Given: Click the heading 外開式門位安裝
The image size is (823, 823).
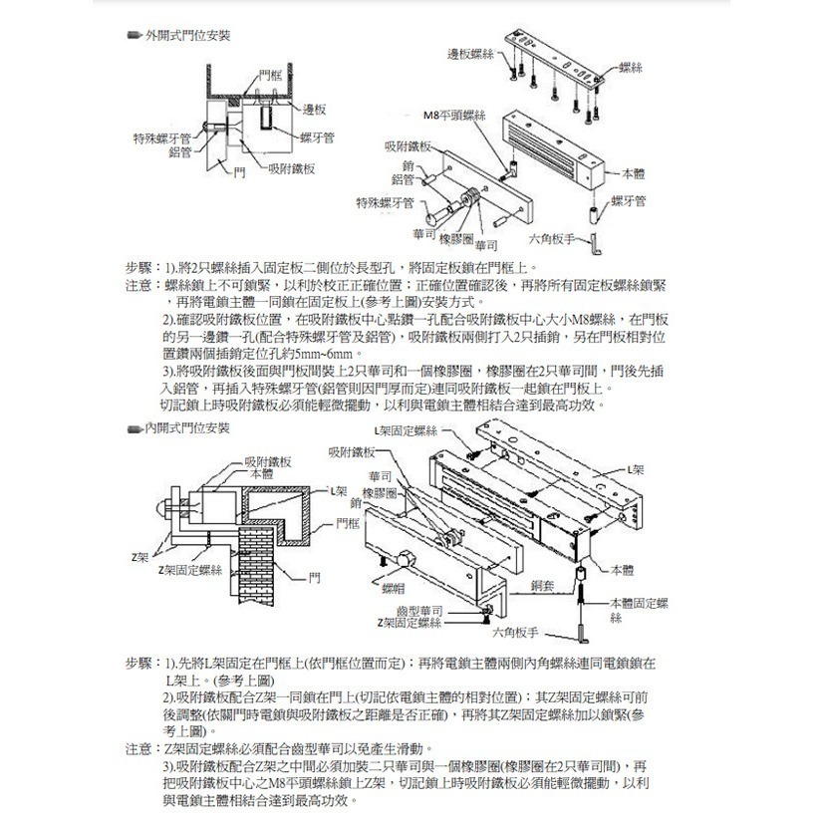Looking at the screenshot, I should (x=187, y=35).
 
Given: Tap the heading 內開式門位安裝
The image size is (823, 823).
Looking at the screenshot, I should (x=187, y=427).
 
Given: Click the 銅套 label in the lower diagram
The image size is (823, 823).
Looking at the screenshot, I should (x=543, y=588).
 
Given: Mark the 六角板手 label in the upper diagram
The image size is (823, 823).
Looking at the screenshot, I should (x=550, y=239).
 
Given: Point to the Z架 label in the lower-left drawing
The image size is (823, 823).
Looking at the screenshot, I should (x=140, y=555).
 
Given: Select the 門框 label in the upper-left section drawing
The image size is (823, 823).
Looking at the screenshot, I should (x=269, y=75).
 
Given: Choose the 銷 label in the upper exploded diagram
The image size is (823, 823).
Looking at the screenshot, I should (x=409, y=164).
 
